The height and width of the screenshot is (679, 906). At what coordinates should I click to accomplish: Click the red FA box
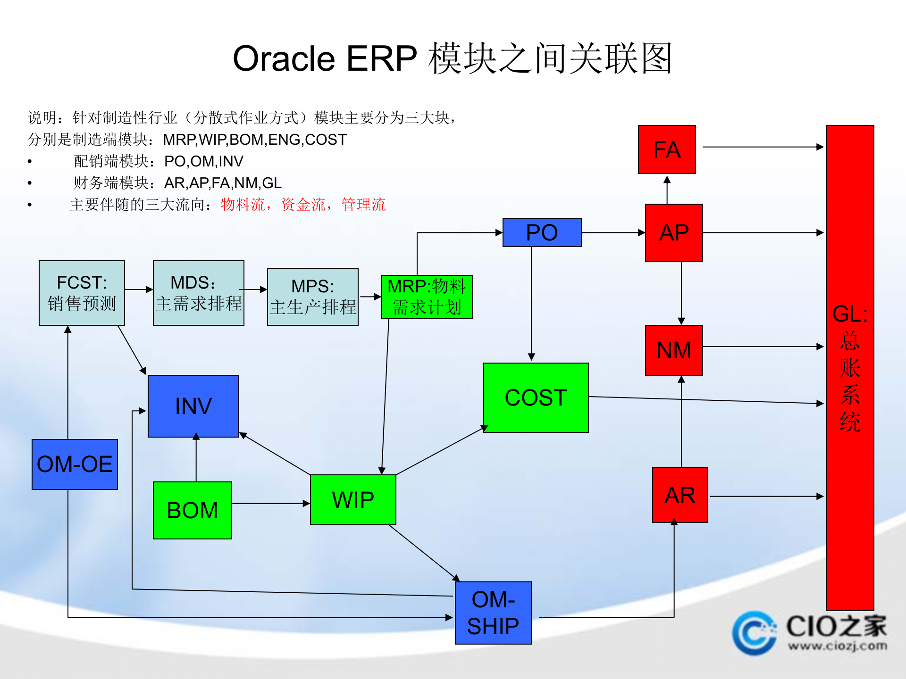(x=666, y=149)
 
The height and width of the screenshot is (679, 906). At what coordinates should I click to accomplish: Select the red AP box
(x=673, y=232)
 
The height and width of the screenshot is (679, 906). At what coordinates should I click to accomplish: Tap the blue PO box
(x=542, y=232)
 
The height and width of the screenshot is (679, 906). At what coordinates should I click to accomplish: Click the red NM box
(x=673, y=350)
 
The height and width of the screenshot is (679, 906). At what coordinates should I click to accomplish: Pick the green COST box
(x=536, y=397)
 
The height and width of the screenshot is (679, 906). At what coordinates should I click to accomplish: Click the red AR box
(x=679, y=495)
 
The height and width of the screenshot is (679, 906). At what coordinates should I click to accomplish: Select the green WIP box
(x=353, y=499)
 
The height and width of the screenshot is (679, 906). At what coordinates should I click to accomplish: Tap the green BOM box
(x=192, y=510)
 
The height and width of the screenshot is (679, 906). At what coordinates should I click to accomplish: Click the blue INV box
(x=193, y=406)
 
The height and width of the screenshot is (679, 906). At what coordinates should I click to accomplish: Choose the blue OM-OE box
(x=75, y=464)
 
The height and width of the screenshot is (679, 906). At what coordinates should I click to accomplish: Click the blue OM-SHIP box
(x=493, y=613)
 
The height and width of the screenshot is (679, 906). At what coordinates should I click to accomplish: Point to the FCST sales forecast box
(x=82, y=293)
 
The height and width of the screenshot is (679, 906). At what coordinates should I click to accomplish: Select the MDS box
(x=198, y=293)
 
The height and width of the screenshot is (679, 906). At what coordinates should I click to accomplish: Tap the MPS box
(x=312, y=297)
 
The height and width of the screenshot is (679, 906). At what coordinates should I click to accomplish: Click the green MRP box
(x=427, y=297)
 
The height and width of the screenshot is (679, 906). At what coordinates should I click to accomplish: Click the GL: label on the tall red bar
(x=849, y=314)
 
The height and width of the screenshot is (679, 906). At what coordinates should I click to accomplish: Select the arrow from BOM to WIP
(x=271, y=504)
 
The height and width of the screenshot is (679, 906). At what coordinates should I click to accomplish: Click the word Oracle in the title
(x=284, y=59)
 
